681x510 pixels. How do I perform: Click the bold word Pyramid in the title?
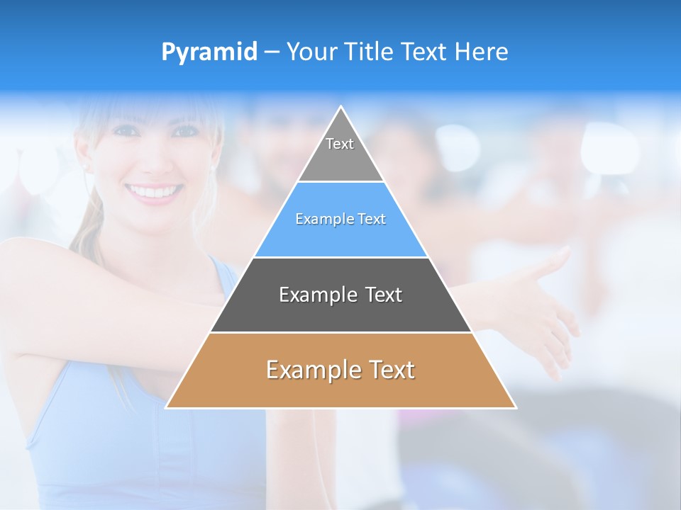coord(209,52)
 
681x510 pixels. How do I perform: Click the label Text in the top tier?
coord(340,144)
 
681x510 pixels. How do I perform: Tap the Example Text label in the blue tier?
coord(340,219)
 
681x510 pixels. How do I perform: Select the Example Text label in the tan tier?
coord(340,370)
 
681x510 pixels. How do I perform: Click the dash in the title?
coord(272,52)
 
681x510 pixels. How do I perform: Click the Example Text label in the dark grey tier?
coord(340,295)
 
